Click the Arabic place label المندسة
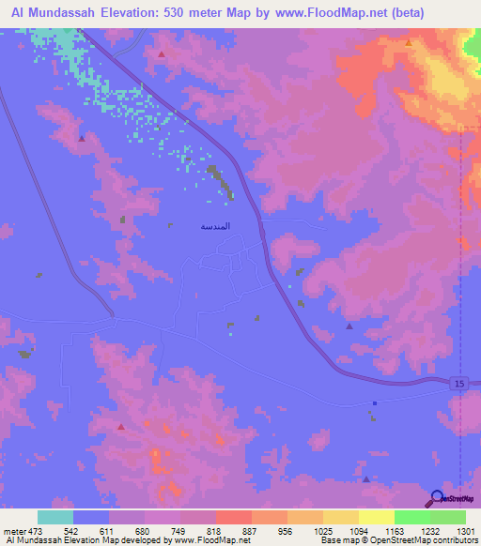[216, 226]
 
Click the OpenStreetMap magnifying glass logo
[436, 498]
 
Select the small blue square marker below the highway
[374, 403]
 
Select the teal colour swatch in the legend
[55, 517]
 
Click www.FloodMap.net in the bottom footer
[206, 541]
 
